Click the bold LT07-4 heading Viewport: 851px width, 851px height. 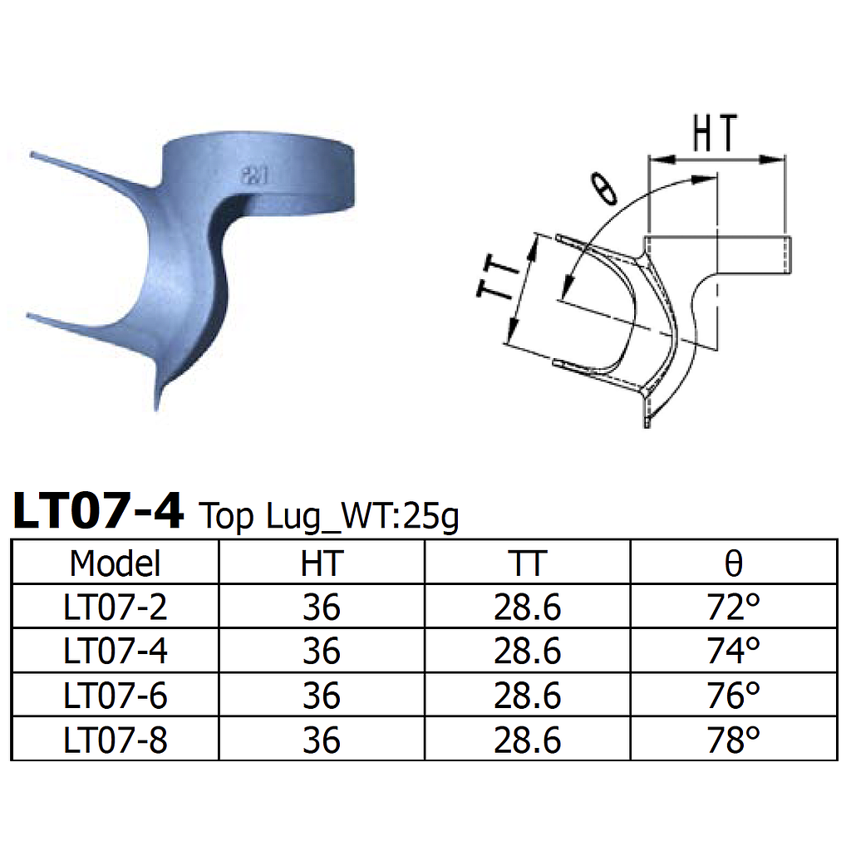click(98, 511)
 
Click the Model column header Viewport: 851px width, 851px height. click(115, 563)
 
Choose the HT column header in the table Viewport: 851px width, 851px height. click(321, 563)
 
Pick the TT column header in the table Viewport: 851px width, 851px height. click(527, 563)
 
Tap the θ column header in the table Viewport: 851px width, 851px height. click(733, 563)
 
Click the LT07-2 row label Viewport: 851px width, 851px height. click(115, 608)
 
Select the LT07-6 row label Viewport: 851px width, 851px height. click(115, 696)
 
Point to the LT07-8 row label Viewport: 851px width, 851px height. click(115, 740)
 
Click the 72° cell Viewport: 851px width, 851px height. click(733, 608)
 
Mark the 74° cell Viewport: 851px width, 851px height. click(733, 652)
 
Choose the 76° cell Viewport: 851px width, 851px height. click(733, 696)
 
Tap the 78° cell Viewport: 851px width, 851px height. click(733, 740)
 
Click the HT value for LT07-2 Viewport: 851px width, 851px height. click(321, 608)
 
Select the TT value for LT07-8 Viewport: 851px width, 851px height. click(527, 740)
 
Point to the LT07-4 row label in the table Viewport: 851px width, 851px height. click(115, 652)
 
